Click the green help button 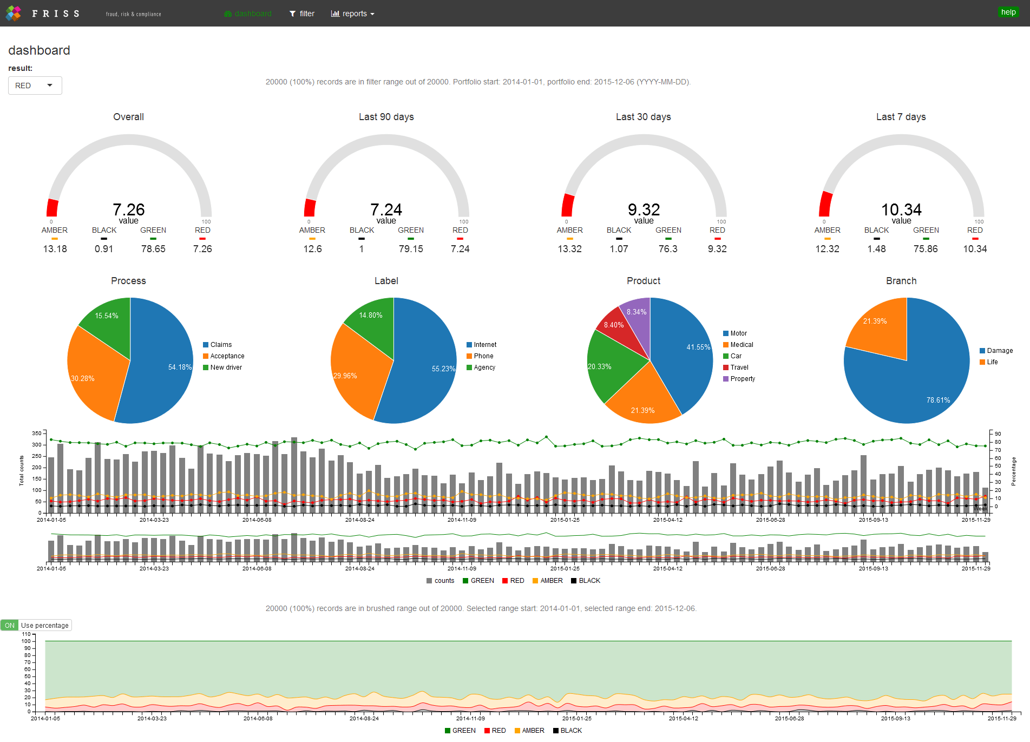click(1008, 12)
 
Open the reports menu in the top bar click(352, 14)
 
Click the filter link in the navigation click(302, 14)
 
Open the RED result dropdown click(35, 86)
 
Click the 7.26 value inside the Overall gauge click(128, 209)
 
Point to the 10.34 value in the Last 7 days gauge click(901, 209)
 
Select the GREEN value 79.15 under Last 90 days click(411, 249)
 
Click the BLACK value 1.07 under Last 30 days click(619, 249)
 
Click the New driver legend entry click(226, 367)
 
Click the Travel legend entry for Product click(739, 367)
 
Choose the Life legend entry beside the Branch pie click(992, 362)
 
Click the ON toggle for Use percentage click(10, 625)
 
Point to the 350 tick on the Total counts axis click(37, 434)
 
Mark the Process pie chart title click(128, 281)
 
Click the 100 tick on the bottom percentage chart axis click(26, 641)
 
